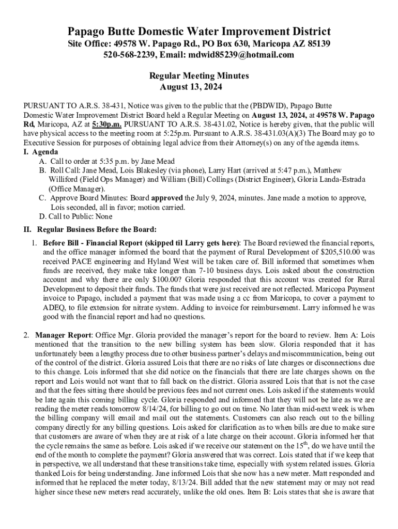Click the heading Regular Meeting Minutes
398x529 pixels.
pos(199,75)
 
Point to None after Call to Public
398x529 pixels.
pos(103,216)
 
